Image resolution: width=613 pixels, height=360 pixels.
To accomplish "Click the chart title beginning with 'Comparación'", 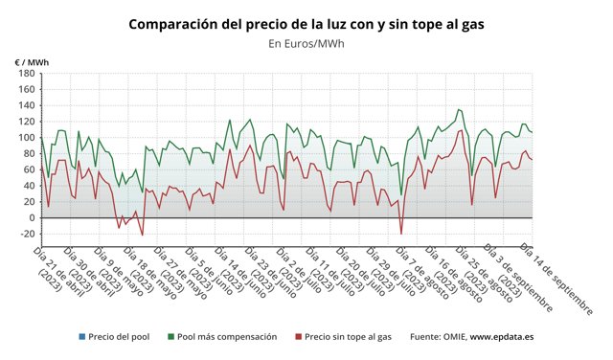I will [306, 23].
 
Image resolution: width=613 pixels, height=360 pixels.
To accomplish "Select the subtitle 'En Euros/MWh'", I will [306, 43].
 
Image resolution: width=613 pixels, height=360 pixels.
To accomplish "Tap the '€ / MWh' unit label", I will [32, 62].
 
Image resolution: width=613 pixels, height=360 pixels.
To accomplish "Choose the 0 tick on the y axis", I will [31, 218].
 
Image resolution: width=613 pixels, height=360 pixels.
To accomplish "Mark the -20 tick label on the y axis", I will [26, 234].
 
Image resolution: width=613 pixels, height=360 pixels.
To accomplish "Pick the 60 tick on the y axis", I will [28, 169].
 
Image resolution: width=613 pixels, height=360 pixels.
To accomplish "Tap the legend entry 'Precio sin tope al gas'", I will [348, 337].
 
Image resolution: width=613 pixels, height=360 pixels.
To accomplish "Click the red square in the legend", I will [298, 337].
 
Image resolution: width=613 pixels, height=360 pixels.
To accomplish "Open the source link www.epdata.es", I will [504, 337].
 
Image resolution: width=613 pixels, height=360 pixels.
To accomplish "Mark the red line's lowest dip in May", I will [143, 235].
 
